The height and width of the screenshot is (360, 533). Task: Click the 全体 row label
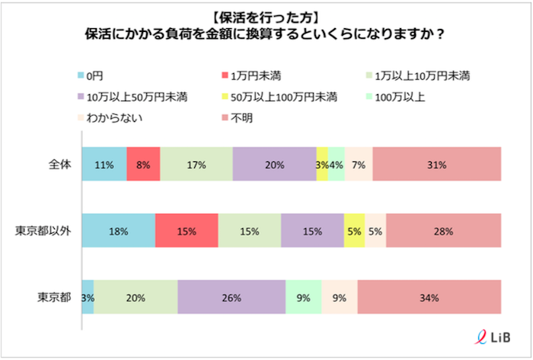59,164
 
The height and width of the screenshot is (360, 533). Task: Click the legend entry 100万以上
407,97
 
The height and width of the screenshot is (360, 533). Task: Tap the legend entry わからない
110,117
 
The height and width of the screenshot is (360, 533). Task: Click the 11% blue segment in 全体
104,164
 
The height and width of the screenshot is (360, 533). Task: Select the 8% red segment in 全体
143,164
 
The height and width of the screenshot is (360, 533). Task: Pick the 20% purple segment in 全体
274,164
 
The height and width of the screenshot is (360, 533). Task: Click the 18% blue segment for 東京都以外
118,231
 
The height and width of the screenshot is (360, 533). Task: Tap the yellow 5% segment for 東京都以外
354,231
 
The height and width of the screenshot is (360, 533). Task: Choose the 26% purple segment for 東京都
231,297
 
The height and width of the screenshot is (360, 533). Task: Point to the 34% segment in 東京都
429,297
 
